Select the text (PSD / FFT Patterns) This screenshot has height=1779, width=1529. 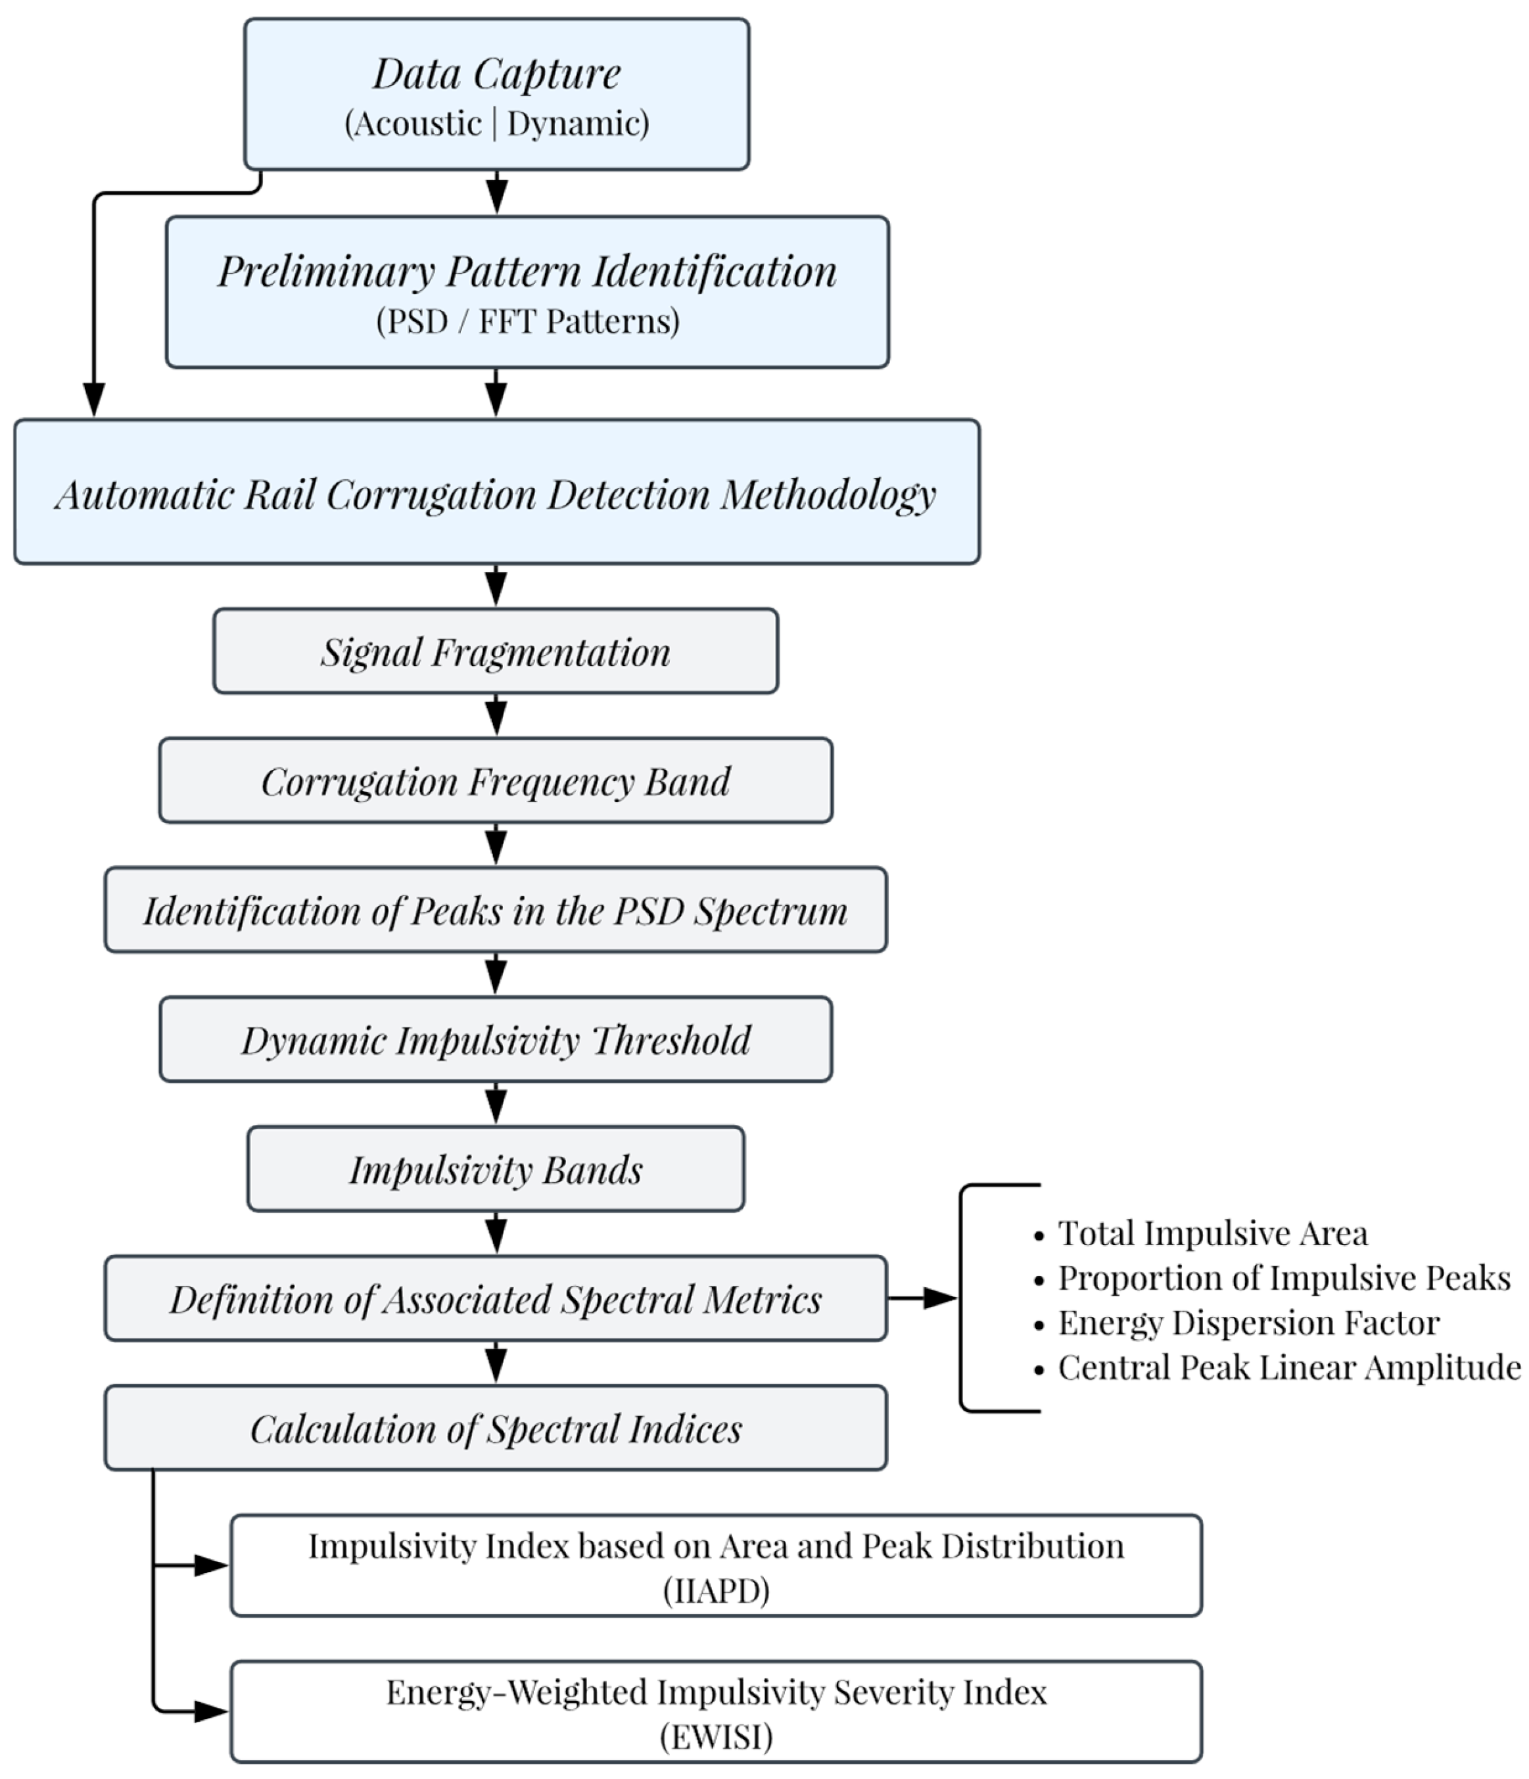click(527, 321)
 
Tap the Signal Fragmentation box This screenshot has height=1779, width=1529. click(496, 652)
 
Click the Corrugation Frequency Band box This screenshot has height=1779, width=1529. click(496, 780)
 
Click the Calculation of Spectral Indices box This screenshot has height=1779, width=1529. click(496, 1428)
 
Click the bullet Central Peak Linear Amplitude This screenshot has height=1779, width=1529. click(1288, 1367)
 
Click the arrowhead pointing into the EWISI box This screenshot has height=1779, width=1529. click(211, 1711)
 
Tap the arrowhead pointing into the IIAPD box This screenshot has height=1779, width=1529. click(211, 1565)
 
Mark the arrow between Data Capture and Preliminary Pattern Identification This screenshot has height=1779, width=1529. click(496, 193)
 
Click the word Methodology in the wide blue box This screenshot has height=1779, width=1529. click(828, 494)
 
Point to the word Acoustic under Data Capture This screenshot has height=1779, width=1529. click(417, 124)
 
